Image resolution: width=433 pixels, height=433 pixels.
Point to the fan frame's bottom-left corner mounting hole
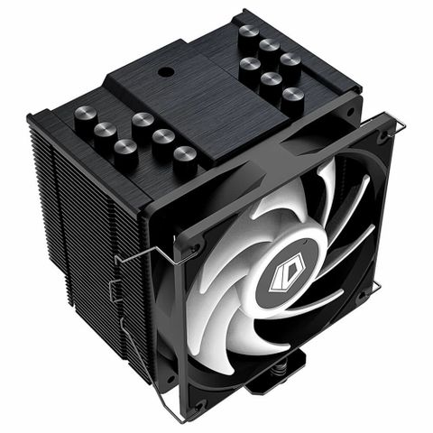coord(200,404)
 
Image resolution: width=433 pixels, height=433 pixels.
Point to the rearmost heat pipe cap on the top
coord(248,33)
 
